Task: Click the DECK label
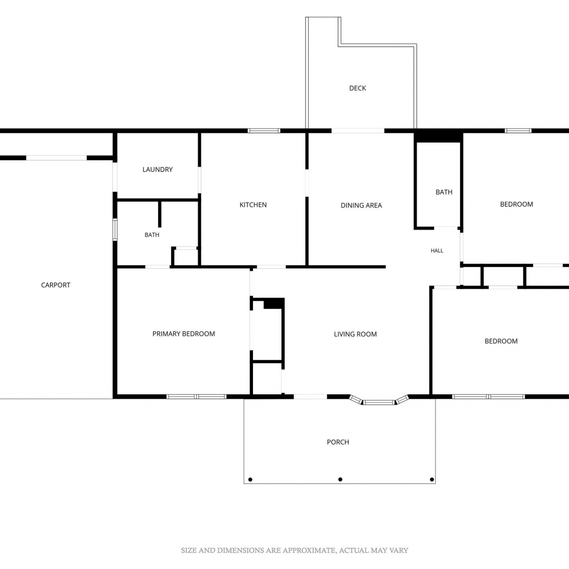pyautogui.click(x=357, y=88)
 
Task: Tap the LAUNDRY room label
pyautogui.click(x=157, y=170)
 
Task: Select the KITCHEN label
pyautogui.click(x=253, y=205)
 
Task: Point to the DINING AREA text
pyautogui.click(x=361, y=205)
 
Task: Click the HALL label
pyautogui.click(x=437, y=250)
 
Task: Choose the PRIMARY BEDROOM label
pyautogui.click(x=184, y=334)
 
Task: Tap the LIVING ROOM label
pyautogui.click(x=355, y=334)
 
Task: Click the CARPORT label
pyautogui.click(x=56, y=285)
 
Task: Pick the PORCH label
pyautogui.click(x=338, y=442)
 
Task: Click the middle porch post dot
pyautogui.click(x=340, y=479)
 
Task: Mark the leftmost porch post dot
pyautogui.click(x=250, y=479)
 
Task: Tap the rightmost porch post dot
pyautogui.click(x=432, y=479)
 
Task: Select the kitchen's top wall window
pyautogui.click(x=264, y=131)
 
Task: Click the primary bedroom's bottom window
pyautogui.click(x=196, y=397)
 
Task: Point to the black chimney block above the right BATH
pyautogui.click(x=438, y=136)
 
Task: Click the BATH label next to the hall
pyautogui.click(x=444, y=192)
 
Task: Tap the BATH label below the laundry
pyautogui.click(x=152, y=235)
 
